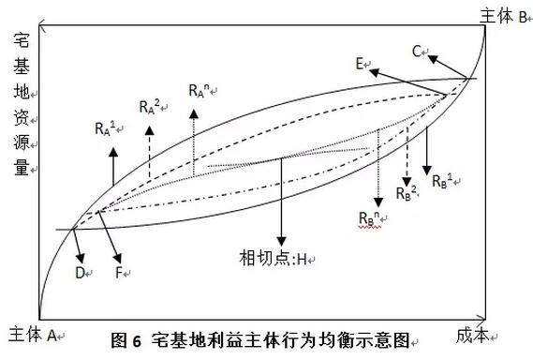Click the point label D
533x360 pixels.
click(x=82, y=273)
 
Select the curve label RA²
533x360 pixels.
click(x=151, y=106)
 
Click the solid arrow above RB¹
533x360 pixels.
click(x=426, y=145)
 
